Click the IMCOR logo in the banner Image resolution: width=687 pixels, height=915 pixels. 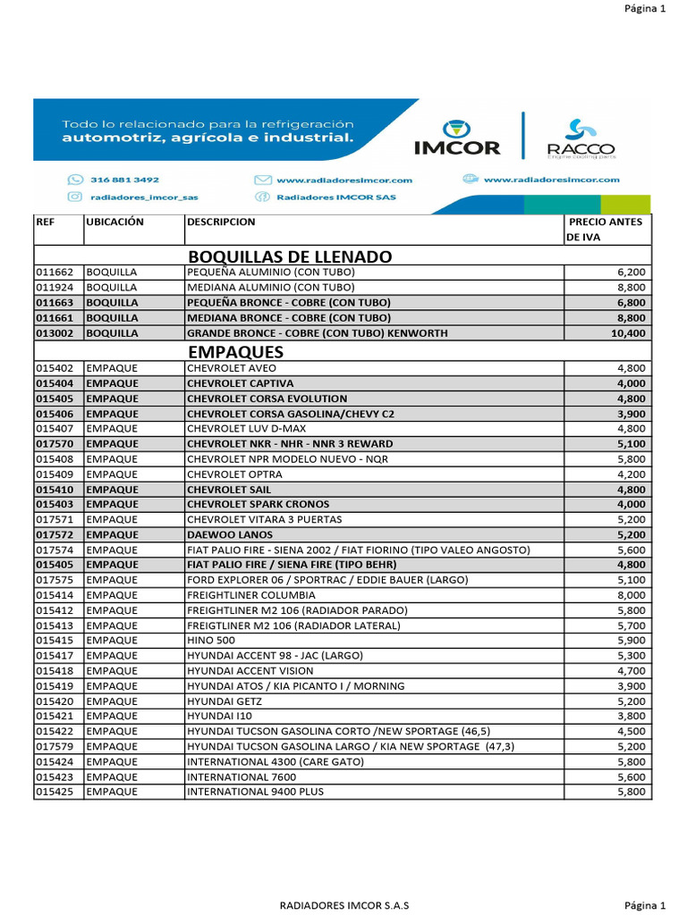click(457, 137)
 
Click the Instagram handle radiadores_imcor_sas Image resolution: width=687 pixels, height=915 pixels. click(132, 197)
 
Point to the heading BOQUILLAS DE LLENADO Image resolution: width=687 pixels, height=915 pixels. click(290, 257)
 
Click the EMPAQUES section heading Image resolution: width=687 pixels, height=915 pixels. click(236, 351)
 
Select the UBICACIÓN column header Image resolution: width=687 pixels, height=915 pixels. click(115, 222)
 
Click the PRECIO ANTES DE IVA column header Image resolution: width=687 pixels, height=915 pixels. click(606, 230)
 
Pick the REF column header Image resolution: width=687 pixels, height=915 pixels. click(46, 222)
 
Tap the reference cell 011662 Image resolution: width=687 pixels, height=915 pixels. click(55, 272)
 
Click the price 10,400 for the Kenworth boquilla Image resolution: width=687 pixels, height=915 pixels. click(627, 332)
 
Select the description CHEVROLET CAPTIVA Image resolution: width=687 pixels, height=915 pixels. click(240, 383)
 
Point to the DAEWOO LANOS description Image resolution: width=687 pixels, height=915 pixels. click(227, 534)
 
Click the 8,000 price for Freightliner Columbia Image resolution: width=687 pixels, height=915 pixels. click(631, 595)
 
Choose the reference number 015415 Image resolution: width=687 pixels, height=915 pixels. click(55, 641)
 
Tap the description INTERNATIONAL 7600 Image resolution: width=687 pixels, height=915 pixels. click(241, 776)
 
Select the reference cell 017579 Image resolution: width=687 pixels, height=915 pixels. click(55, 746)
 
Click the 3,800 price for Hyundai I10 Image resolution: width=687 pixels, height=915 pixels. click(631, 716)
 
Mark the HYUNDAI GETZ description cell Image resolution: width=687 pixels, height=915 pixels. click(224, 701)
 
